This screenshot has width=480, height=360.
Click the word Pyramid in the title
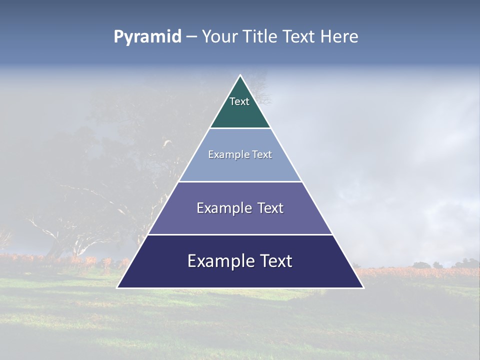pyautogui.click(x=147, y=37)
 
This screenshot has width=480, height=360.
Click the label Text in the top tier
pyautogui.click(x=239, y=101)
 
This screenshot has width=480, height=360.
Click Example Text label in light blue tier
pyautogui.click(x=240, y=154)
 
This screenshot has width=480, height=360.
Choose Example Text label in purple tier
pyautogui.click(x=240, y=208)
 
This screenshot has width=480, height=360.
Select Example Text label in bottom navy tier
pyautogui.click(x=240, y=261)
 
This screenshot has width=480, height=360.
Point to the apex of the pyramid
pyautogui.click(x=240, y=75)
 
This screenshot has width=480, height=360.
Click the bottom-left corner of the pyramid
pyautogui.click(x=117, y=287)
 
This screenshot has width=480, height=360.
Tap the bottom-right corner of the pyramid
pyautogui.click(x=363, y=287)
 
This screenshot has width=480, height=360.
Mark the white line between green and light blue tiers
pyautogui.click(x=240, y=128)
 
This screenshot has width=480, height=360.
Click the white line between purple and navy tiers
pyautogui.click(x=240, y=234)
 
